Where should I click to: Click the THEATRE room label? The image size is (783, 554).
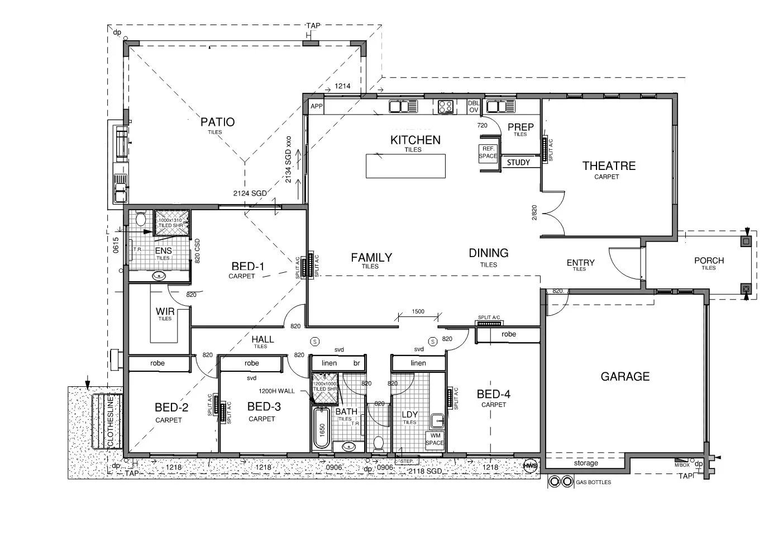pos(609,166)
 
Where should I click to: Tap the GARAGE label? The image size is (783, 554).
pos(625,377)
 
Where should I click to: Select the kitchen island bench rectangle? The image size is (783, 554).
pos(405,166)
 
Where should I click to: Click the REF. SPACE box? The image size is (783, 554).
pos(488,153)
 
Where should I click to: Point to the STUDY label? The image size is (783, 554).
pos(518,163)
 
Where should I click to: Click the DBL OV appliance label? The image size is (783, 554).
pos(473,107)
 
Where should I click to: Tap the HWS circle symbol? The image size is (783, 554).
pos(529,465)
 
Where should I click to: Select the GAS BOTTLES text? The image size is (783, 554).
pos(593,482)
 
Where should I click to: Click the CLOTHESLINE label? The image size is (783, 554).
pos(111,422)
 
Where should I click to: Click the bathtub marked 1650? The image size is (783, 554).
pos(322,429)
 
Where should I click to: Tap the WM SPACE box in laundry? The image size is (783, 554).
pos(435,439)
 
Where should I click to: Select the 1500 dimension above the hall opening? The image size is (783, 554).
pos(418,312)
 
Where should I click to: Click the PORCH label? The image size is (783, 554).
pos(709,261)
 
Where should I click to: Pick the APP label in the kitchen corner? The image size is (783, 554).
pos(317,106)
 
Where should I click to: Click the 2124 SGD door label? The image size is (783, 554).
pos(250,193)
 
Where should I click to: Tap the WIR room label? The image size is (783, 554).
pos(165,311)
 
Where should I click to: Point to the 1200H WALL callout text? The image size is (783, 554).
pos(276,391)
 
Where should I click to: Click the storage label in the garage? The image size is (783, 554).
pos(586,463)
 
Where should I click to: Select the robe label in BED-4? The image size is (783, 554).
pos(508,334)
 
